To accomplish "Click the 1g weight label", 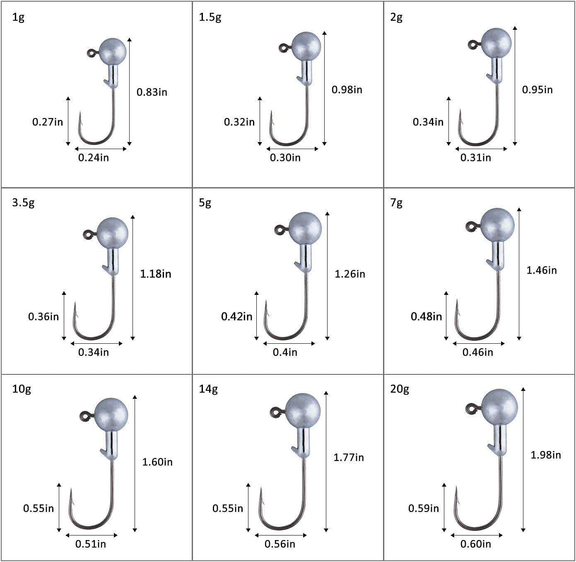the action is [x=18, y=18].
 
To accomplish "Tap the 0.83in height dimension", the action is [x=152, y=92].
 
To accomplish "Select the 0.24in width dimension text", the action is [x=94, y=157].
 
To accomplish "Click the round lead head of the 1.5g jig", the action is [x=306, y=46].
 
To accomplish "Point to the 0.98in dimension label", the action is [x=347, y=90].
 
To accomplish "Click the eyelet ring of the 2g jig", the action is [x=474, y=45].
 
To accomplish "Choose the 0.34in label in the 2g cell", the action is [x=428, y=122].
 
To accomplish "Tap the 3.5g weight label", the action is [x=23, y=203].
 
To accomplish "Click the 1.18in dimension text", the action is [x=156, y=274].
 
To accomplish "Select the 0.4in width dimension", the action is [x=285, y=352].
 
